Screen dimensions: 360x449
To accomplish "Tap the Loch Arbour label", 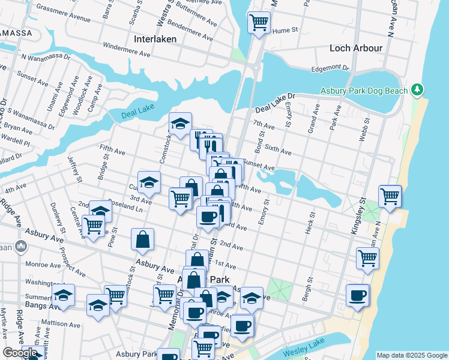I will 356,48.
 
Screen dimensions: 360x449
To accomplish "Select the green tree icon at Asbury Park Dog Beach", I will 417,90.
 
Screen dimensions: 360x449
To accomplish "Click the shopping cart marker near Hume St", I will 259,23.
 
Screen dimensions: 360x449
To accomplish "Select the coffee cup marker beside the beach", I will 357,295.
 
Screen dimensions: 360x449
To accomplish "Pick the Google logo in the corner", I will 20,353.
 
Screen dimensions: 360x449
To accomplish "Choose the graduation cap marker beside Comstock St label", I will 179,124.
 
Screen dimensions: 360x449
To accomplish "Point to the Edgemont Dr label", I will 330,68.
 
